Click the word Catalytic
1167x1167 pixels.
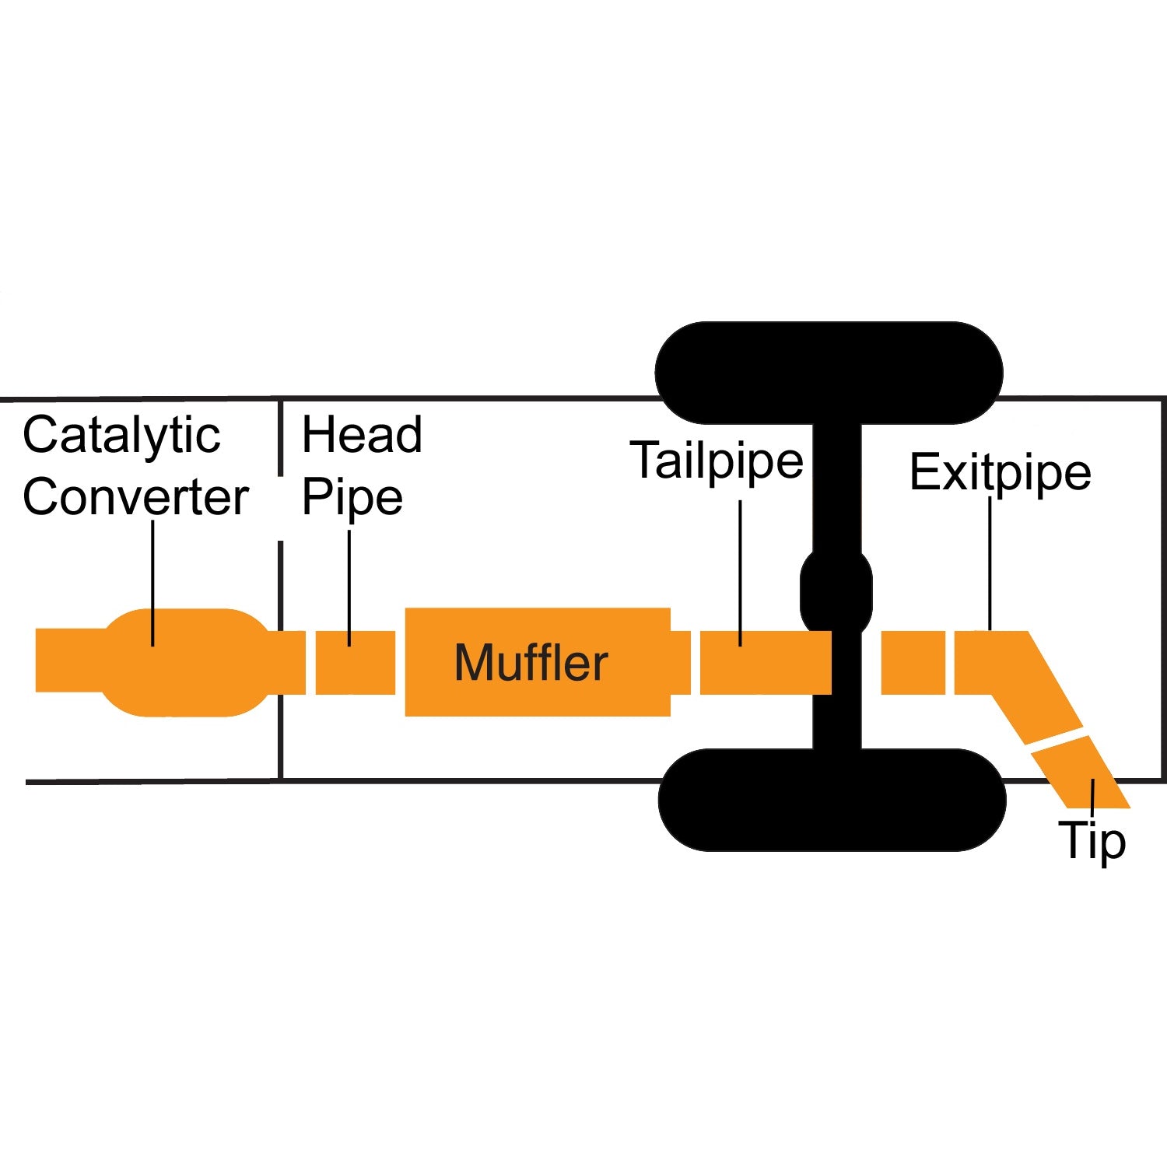pyautogui.click(x=121, y=436)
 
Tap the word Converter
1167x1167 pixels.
pyautogui.click(x=135, y=498)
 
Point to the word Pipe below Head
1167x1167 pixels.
pyautogui.click(x=352, y=498)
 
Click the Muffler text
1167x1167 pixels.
pyautogui.click(x=531, y=663)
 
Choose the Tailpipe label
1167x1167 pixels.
pyautogui.click(x=717, y=461)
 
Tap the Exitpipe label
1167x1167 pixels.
pyautogui.click(x=1000, y=472)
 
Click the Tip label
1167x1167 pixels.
pyautogui.click(x=1092, y=841)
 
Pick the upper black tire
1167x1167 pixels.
pyautogui.click(x=829, y=373)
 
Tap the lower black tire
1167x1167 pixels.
pyautogui.click(x=832, y=800)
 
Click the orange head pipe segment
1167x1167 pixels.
pyautogui.click(x=356, y=663)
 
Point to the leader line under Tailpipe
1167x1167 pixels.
pyautogui.click(x=740, y=572)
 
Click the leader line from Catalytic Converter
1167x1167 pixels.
pyautogui.click(x=152, y=583)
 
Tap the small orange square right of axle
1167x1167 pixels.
pyautogui.click(x=913, y=663)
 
